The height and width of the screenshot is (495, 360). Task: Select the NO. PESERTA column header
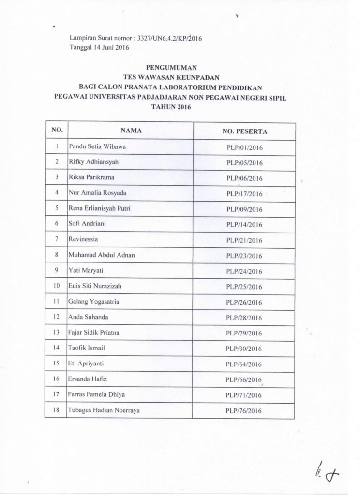pos(244,131)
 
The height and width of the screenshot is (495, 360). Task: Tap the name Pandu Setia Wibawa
pos(97,146)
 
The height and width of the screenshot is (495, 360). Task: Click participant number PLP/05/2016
pos(244,163)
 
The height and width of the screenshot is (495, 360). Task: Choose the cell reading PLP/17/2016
pos(244,194)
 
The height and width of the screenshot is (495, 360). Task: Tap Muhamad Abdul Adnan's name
pos(100,255)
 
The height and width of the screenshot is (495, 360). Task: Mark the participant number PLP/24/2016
pos(244,272)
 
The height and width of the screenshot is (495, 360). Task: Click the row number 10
pos(57,286)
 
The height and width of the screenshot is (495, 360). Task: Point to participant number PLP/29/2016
pos(244,334)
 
